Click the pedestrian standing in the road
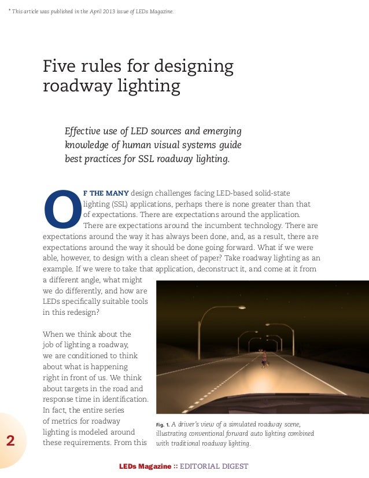pos(264,359)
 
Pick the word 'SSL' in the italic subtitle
pos(149,157)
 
